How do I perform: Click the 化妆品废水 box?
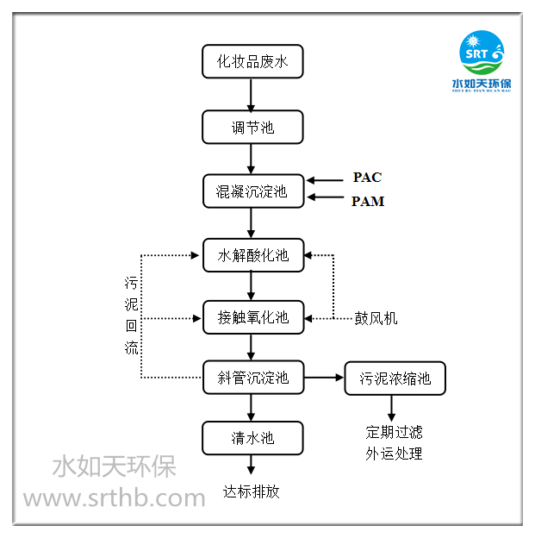tap(252, 61)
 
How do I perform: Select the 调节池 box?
tap(252, 127)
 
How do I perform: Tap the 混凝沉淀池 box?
tap(252, 191)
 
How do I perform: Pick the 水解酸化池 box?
tap(252, 255)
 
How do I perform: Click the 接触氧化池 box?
tap(252, 318)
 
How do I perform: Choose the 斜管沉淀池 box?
tap(252, 377)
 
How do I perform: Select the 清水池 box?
tap(252, 437)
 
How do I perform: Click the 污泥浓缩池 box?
tap(395, 378)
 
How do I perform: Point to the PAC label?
tap(367, 178)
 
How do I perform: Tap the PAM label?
tap(368, 202)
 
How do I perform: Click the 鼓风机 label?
tap(376, 318)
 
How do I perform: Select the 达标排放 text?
tap(252, 491)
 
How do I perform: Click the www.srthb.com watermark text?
tap(114, 497)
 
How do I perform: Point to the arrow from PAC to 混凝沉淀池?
tap(324, 180)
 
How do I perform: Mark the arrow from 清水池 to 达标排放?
tap(252, 465)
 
